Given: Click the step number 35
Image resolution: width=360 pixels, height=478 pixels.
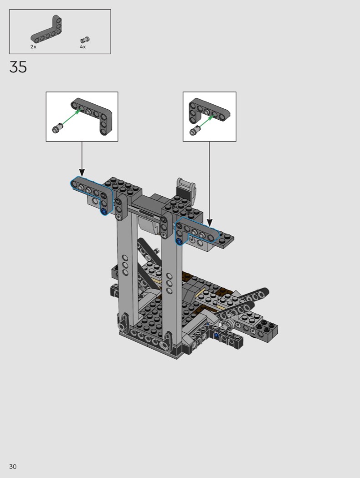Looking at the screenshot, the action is [x=18, y=67].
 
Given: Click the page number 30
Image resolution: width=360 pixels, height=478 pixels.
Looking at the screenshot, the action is [x=13, y=467].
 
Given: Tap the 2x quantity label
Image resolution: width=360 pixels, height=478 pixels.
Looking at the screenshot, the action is [x=33, y=46].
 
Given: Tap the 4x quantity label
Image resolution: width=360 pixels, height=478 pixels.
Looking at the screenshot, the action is [x=83, y=46].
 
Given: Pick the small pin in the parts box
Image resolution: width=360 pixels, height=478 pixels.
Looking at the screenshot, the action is [x=85, y=40].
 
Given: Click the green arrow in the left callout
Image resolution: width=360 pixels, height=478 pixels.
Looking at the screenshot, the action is [x=71, y=117].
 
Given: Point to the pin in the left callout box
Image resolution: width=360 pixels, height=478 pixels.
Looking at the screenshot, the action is [x=57, y=128].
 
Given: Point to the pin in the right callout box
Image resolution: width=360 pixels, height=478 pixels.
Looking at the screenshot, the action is [x=195, y=130].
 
